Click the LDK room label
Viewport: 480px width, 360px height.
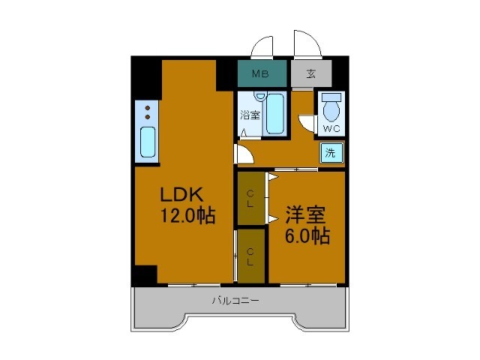point(181,194)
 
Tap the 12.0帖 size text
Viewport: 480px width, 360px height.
point(187,215)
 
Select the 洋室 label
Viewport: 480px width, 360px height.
point(305,215)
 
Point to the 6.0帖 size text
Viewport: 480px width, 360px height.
point(307,235)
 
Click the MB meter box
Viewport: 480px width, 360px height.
point(262,73)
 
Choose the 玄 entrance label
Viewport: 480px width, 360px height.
point(311,73)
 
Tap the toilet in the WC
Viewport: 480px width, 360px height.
point(331,107)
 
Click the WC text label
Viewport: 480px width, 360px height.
point(331,129)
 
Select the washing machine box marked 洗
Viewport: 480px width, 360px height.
point(331,153)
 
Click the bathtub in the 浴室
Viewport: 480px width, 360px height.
point(275,114)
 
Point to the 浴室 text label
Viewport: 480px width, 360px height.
point(250,115)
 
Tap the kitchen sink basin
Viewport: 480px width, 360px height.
point(148,142)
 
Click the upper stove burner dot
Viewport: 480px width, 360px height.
point(148,108)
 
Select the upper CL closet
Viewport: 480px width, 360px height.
point(251,198)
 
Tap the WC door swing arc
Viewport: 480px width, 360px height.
point(303,123)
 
